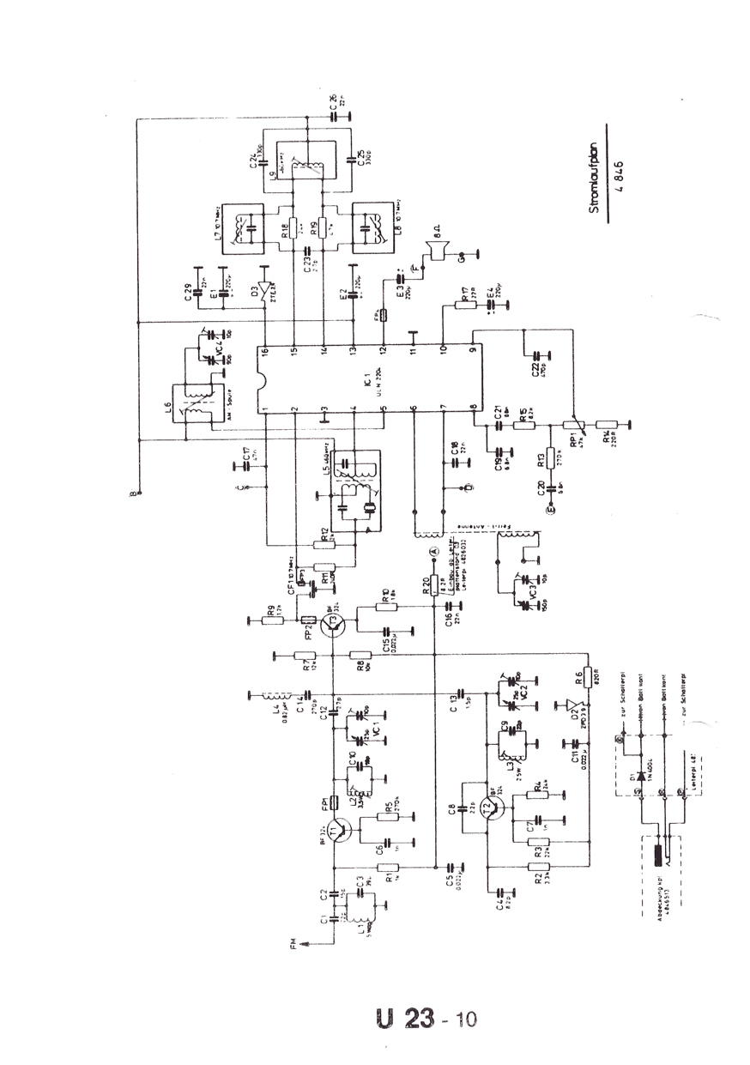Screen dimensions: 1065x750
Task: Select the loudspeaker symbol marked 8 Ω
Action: tap(438, 250)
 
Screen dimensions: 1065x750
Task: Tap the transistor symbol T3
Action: tap(334, 626)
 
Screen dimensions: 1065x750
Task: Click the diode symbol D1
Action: tap(639, 764)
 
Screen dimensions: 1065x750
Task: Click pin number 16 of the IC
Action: tap(266, 352)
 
